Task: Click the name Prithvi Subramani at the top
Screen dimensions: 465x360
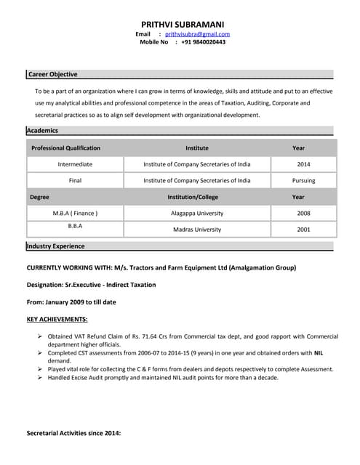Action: [183, 24]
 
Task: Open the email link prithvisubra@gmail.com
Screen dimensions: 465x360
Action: [197, 34]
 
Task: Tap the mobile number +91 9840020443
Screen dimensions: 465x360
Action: [203, 42]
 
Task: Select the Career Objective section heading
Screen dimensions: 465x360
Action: [52, 74]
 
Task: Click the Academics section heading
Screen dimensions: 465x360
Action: [42, 130]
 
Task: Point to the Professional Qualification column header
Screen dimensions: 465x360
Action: [65, 147]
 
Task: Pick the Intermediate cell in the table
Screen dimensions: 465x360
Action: [75, 164]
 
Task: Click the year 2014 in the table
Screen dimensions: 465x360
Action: [303, 164]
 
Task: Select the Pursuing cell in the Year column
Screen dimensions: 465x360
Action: [303, 180]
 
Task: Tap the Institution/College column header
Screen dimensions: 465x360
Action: [193, 197]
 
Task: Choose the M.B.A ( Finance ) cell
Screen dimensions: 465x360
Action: [75, 213]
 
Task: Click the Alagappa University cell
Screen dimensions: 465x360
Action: [197, 213]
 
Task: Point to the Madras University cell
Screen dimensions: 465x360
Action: [197, 229]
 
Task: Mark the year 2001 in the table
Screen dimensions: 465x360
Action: [303, 229]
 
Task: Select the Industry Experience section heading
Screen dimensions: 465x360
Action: [55, 246]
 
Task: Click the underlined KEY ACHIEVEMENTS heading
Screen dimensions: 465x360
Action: [57, 319]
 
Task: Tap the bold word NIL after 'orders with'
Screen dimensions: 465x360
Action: [319, 352]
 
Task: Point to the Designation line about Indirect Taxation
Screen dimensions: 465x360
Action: [91, 285]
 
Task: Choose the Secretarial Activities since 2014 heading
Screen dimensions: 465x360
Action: [73, 433]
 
